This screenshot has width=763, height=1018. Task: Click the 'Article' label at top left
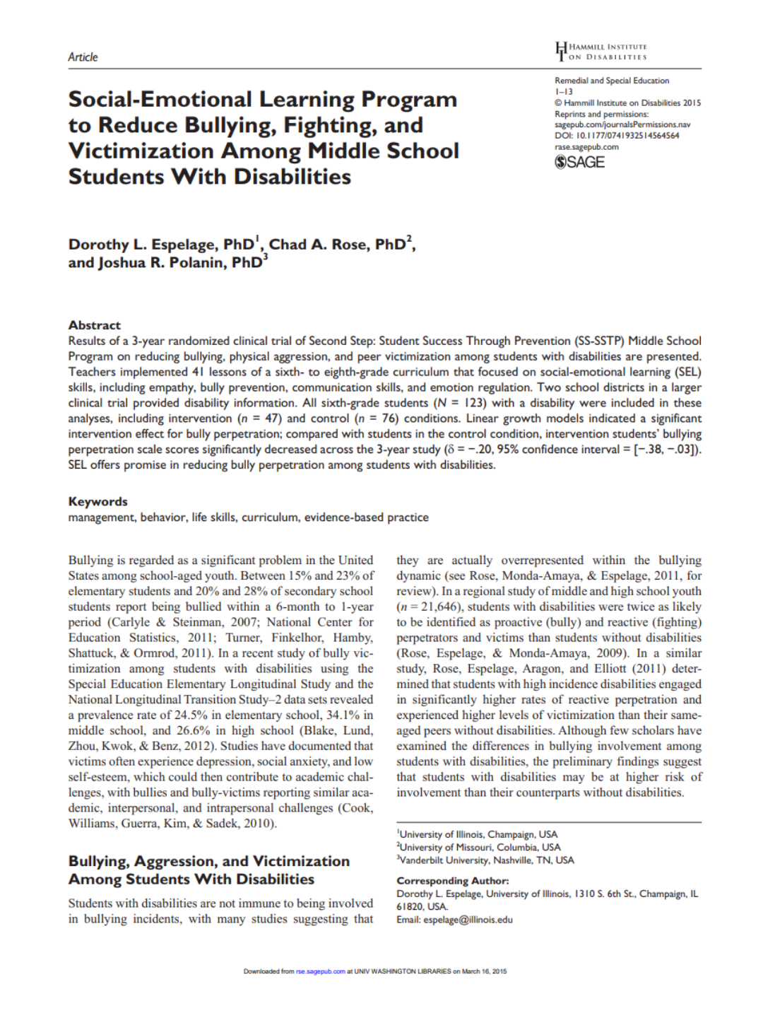pyautogui.click(x=83, y=57)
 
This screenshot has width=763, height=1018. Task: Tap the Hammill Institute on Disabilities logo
pyautogui.click(x=601, y=52)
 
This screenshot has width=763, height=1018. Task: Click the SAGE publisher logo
pyautogui.click(x=579, y=162)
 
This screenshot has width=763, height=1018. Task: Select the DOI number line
pyautogui.click(x=616, y=136)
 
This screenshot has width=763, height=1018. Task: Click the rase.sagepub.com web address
pyautogui.click(x=586, y=147)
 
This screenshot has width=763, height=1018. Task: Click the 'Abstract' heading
pyautogui.click(x=94, y=325)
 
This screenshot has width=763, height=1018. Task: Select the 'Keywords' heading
pyautogui.click(x=97, y=501)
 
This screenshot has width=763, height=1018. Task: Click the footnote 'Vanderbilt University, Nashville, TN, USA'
pyautogui.click(x=486, y=860)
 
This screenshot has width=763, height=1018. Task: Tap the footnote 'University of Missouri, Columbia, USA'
pyautogui.click(x=479, y=848)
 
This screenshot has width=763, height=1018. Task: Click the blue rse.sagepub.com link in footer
pyautogui.click(x=320, y=971)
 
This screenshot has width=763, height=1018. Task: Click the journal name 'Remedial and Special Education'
pyautogui.click(x=611, y=81)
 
